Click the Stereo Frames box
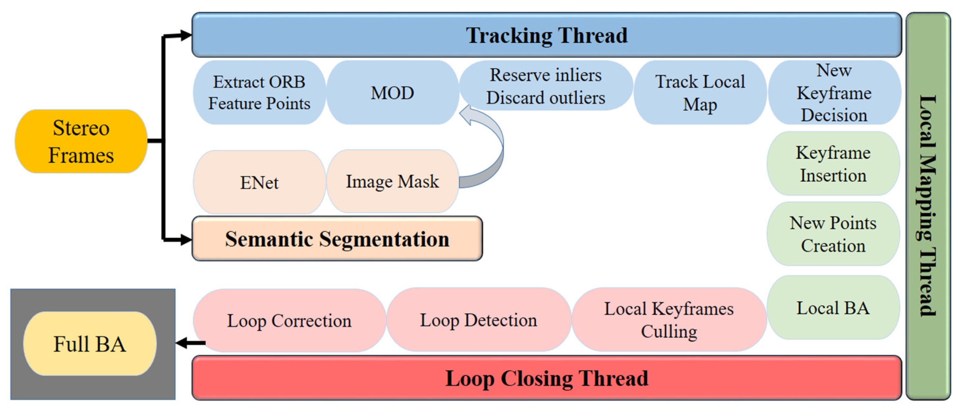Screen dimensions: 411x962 [x=81, y=141]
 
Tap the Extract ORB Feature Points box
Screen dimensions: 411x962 [x=259, y=92]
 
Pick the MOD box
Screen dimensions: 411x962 [x=392, y=92]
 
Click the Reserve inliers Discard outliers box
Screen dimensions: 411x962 [x=545, y=86]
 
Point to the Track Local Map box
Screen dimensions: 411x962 [x=700, y=92]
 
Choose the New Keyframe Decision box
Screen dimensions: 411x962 [x=834, y=92]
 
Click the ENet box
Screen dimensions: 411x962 [x=259, y=182]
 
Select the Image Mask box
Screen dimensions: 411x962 [x=392, y=181]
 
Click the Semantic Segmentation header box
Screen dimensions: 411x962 [x=337, y=239]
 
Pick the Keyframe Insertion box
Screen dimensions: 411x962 [x=833, y=164]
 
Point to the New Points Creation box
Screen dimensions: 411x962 [x=833, y=234]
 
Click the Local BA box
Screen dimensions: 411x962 [x=833, y=308]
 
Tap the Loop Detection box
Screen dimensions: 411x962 [x=478, y=320]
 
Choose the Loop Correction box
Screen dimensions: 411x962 [x=289, y=320]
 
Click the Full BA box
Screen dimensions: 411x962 [x=90, y=344]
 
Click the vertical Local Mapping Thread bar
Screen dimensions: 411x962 [x=928, y=206]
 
